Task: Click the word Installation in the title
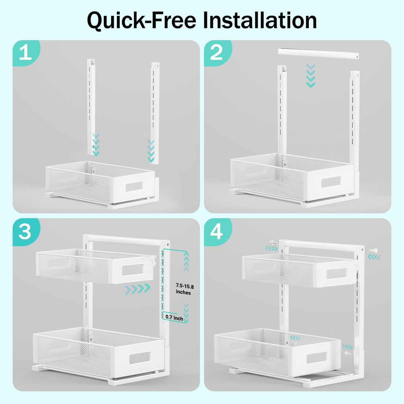(260, 21)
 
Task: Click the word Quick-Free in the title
(141, 21)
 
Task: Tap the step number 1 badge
(25, 53)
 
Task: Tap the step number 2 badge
(216, 53)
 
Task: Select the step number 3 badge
(25, 231)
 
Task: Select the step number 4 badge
(216, 231)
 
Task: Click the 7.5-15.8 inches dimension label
(185, 289)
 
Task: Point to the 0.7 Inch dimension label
(174, 318)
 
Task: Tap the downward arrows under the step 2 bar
(310, 76)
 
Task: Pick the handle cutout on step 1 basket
(134, 187)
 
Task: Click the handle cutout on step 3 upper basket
(132, 269)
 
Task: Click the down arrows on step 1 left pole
(96, 145)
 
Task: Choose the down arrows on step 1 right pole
(151, 151)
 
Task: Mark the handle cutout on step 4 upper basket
(336, 274)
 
